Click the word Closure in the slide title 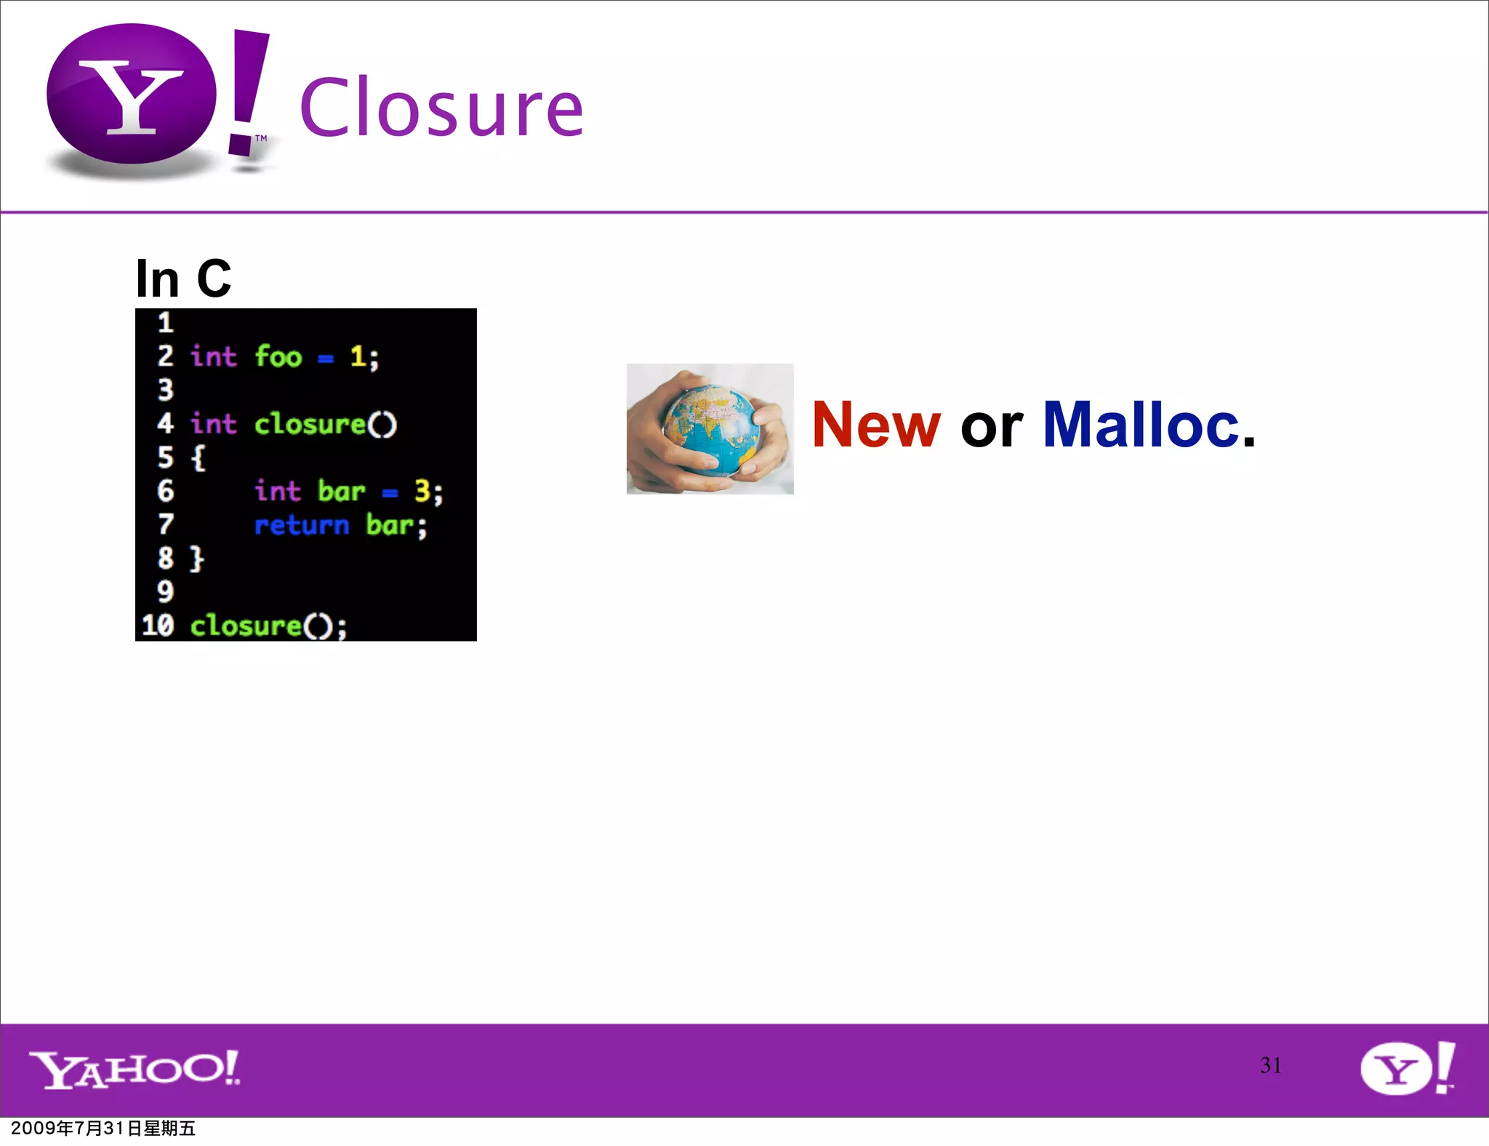click(441, 108)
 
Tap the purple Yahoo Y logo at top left click(132, 95)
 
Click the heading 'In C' click(183, 279)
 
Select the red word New click(876, 425)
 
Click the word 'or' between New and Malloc click(992, 428)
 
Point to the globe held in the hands click(711, 429)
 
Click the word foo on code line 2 click(278, 357)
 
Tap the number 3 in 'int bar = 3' click(422, 492)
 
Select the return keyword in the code click(302, 525)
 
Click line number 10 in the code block click(158, 625)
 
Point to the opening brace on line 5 click(198, 458)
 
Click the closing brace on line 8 click(197, 558)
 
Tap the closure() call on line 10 click(268, 626)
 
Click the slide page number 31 click(1270, 1065)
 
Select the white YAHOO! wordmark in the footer click(135, 1069)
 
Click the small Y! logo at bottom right click(1407, 1067)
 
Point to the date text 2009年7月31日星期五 click(103, 1129)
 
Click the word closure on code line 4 click(310, 424)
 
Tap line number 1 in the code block click(166, 322)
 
